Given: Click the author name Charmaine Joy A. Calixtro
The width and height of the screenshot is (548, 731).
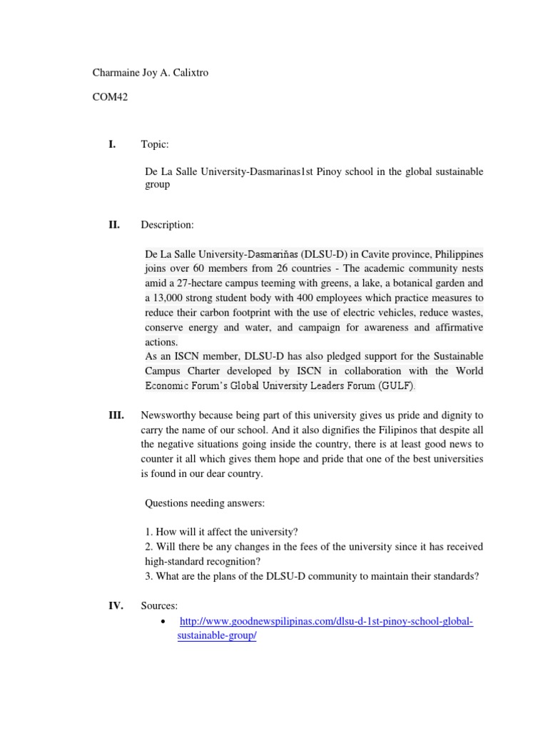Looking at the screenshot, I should pyautogui.click(x=151, y=74).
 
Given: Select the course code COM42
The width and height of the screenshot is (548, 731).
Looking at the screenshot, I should pyautogui.click(x=110, y=98).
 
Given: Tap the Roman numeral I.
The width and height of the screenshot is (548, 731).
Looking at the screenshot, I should pyautogui.click(x=111, y=145).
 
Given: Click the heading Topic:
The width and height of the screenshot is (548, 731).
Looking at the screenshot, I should pyautogui.click(x=155, y=145).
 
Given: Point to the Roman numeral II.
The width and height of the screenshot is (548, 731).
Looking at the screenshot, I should pyautogui.click(x=113, y=225).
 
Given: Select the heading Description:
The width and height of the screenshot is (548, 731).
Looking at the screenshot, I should pyautogui.click(x=167, y=225).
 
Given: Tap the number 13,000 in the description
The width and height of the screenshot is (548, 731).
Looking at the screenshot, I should pyautogui.click(x=175, y=298).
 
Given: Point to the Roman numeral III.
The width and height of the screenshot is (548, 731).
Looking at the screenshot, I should pyautogui.click(x=116, y=415).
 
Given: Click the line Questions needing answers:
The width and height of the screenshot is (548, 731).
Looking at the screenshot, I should pyautogui.click(x=205, y=503).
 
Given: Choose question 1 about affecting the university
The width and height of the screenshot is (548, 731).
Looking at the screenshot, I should pyautogui.click(x=221, y=532).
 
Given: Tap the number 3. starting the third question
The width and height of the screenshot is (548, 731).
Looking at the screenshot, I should pyautogui.click(x=149, y=575).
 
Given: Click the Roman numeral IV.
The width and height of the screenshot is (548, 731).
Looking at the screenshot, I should pyautogui.click(x=115, y=606).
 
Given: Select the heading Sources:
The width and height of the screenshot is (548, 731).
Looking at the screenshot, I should pyautogui.click(x=159, y=606).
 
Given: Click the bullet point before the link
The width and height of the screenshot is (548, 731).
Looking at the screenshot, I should pyautogui.click(x=166, y=622).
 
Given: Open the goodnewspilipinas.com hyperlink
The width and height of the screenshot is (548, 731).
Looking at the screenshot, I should pyautogui.click(x=325, y=622).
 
